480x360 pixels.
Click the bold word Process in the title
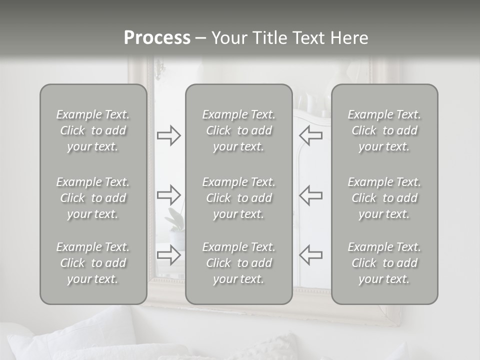pos(157,37)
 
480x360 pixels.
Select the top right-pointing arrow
pos(168,135)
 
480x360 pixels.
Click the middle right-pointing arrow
pos(168,194)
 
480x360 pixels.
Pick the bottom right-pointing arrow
pos(168,254)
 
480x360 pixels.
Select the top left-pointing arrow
pos(310,135)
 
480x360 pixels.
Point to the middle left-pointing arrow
pos(310,194)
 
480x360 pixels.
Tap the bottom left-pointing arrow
pos(310,254)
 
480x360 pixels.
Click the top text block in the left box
pos(93,130)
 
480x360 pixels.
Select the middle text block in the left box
pos(93,198)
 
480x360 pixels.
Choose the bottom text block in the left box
pos(93,263)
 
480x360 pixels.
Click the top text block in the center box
pos(238,130)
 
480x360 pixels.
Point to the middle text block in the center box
pos(238,198)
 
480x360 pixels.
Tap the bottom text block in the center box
pos(238,263)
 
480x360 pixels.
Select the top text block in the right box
pos(384,130)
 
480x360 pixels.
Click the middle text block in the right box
pos(384,198)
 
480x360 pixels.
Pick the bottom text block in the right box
pos(384,263)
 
